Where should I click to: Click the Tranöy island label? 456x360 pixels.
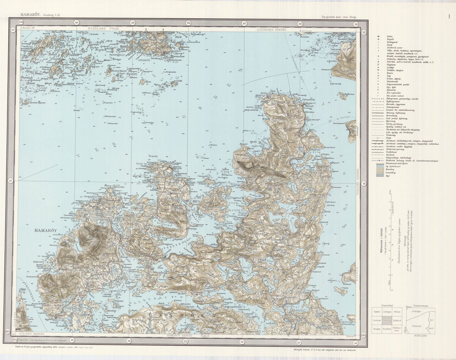153,156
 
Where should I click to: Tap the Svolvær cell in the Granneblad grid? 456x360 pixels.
377,320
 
